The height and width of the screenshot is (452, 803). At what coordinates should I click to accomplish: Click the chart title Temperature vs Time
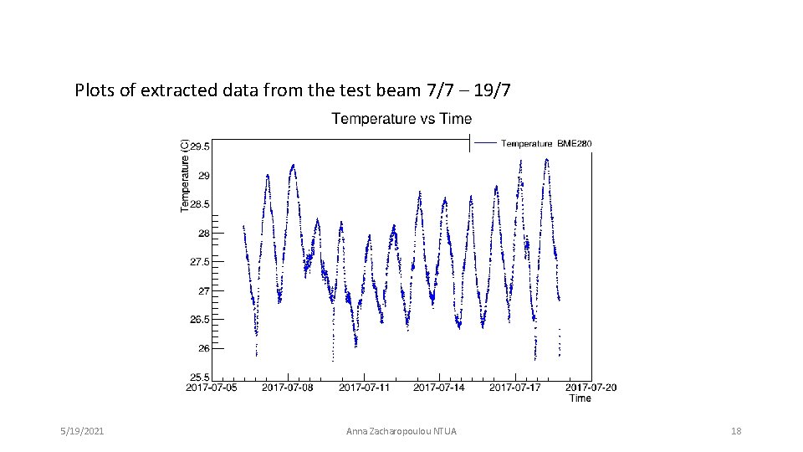click(401, 119)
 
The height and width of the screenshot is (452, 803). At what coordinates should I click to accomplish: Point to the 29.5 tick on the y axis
click(200, 146)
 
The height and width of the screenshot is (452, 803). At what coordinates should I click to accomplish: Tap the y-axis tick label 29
click(204, 176)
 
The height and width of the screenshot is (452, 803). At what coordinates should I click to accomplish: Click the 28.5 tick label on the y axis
click(200, 204)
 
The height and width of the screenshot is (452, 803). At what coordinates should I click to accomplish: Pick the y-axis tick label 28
click(204, 234)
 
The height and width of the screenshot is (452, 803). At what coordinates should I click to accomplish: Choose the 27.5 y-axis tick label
click(200, 262)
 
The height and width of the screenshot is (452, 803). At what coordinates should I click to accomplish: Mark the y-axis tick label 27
click(204, 291)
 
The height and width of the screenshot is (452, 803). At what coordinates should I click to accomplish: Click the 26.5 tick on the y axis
click(200, 320)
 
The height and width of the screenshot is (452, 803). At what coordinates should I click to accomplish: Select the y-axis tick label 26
click(204, 348)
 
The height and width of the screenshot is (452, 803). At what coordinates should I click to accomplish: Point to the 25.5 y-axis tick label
click(200, 377)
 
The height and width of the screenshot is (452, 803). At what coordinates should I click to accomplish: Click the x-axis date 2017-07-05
click(212, 388)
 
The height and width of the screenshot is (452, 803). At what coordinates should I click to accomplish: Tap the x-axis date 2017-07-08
click(288, 388)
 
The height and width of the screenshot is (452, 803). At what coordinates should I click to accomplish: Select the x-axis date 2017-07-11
click(364, 388)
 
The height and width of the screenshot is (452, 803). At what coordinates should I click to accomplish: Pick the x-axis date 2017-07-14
click(440, 388)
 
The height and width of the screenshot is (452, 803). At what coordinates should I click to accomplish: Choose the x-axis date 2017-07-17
click(515, 388)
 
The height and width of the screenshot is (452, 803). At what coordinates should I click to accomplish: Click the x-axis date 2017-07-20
click(591, 388)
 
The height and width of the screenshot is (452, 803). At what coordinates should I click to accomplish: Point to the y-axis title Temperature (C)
click(185, 175)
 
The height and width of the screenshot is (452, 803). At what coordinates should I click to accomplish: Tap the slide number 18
click(736, 431)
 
